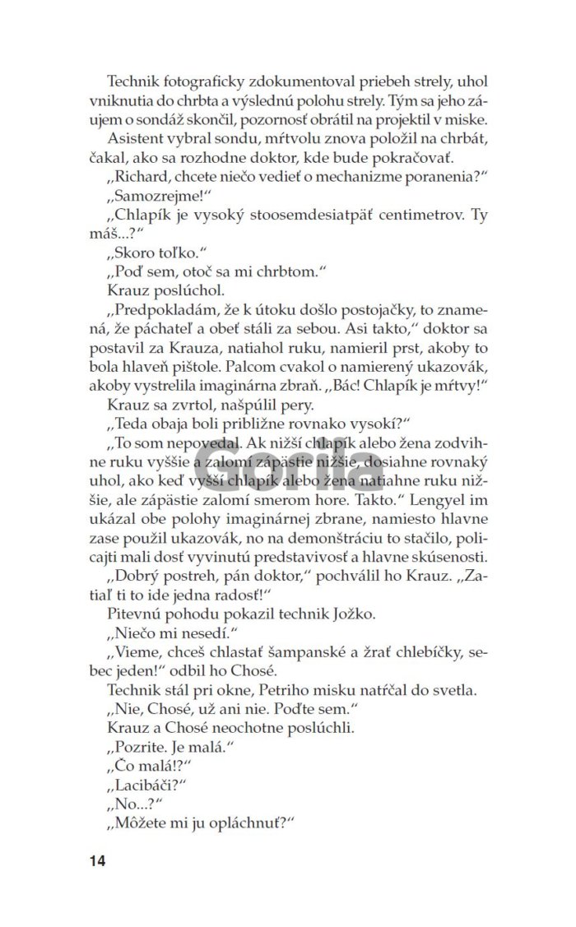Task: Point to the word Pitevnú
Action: [133, 612]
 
